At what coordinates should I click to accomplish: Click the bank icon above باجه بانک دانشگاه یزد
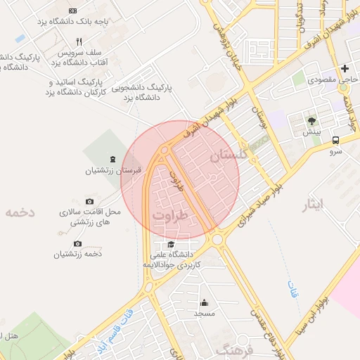74,11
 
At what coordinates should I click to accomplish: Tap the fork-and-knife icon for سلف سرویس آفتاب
79,41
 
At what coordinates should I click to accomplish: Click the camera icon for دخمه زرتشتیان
77,243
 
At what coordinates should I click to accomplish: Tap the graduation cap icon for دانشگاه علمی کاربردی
172,244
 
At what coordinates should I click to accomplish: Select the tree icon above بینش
311,121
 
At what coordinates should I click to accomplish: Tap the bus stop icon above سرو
336,140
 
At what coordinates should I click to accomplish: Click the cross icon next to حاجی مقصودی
345,69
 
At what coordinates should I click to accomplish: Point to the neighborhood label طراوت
170,214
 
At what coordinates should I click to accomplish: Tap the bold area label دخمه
19,212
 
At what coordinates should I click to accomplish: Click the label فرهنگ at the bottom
234,349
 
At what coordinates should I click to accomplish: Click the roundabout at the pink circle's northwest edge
165,150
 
